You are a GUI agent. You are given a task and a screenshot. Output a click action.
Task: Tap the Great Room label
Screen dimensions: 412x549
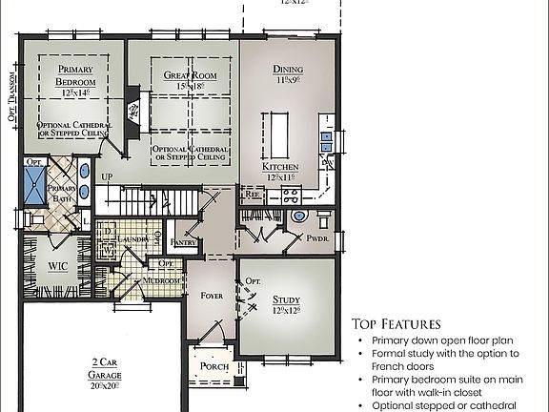click(x=190, y=75)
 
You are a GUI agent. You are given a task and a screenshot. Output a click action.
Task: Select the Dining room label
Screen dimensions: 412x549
click(x=288, y=70)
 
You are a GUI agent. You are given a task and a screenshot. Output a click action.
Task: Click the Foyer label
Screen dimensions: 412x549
click(x=211, y=296)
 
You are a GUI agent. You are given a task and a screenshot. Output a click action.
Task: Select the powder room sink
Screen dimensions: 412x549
click(x=299, y=216)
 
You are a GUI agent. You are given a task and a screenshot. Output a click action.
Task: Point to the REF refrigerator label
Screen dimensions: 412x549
click(x=253, y=194)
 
